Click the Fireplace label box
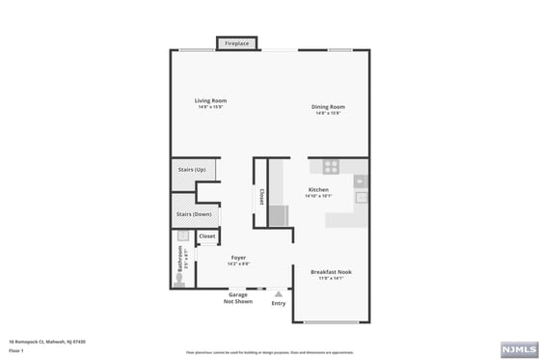[x=235, y=43]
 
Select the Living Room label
[x=210, y=100]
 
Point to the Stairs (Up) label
[x=192, y=170]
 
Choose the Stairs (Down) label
[x=194, y=214]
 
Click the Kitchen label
[x=318, y=189]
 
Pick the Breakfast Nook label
[x=331, y=272]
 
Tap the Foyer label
[x=237, y=258]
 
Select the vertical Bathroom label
[x=179, y=260]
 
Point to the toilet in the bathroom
[x=179, y=280]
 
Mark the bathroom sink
[x=181, y=235]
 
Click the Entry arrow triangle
[x=279, y=293]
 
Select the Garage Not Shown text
[x=238, y=298]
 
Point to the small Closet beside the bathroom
[x=207, y=235]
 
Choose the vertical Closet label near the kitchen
[x=261, y=196]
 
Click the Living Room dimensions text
[x=210, y=106]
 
